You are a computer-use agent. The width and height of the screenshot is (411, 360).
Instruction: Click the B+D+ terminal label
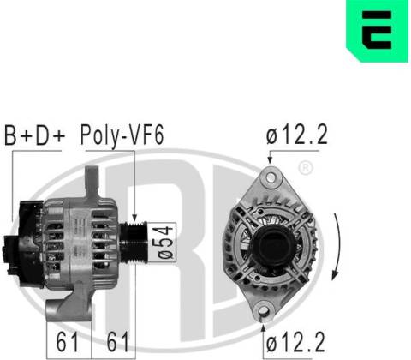point(35,135)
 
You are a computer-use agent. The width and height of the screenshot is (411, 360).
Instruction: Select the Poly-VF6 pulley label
point(122,136)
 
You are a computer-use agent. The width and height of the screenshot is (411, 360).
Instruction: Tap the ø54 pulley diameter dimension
point(165,243)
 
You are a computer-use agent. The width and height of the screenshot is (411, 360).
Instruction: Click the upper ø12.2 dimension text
point(297,135)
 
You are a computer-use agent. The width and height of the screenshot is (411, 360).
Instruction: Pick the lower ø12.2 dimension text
point(295,342)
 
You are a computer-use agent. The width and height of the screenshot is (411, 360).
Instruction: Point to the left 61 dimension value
point(68,342)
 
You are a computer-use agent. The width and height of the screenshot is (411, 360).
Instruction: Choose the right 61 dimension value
point(118,342)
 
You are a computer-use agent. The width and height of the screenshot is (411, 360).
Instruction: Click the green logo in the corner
point(378,30)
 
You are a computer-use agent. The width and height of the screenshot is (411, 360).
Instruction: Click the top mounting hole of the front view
point(270,177)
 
